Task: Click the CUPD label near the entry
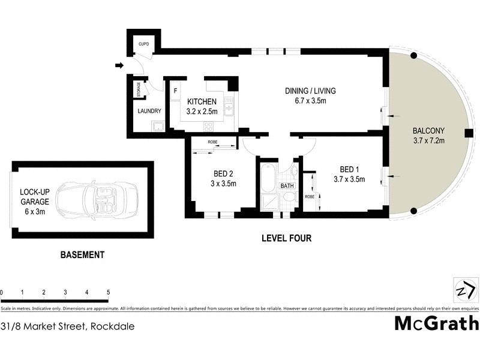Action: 144,44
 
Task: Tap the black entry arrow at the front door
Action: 119,65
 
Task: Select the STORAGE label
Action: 139,89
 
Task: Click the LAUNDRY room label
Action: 149,111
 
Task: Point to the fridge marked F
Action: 175,91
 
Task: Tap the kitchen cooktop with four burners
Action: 208,126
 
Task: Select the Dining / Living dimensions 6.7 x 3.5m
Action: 310,101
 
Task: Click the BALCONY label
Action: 428,131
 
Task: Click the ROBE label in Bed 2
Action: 212,142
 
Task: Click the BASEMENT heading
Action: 82,254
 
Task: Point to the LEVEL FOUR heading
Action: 286,238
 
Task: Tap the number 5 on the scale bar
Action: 108,292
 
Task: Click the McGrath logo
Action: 436,323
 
